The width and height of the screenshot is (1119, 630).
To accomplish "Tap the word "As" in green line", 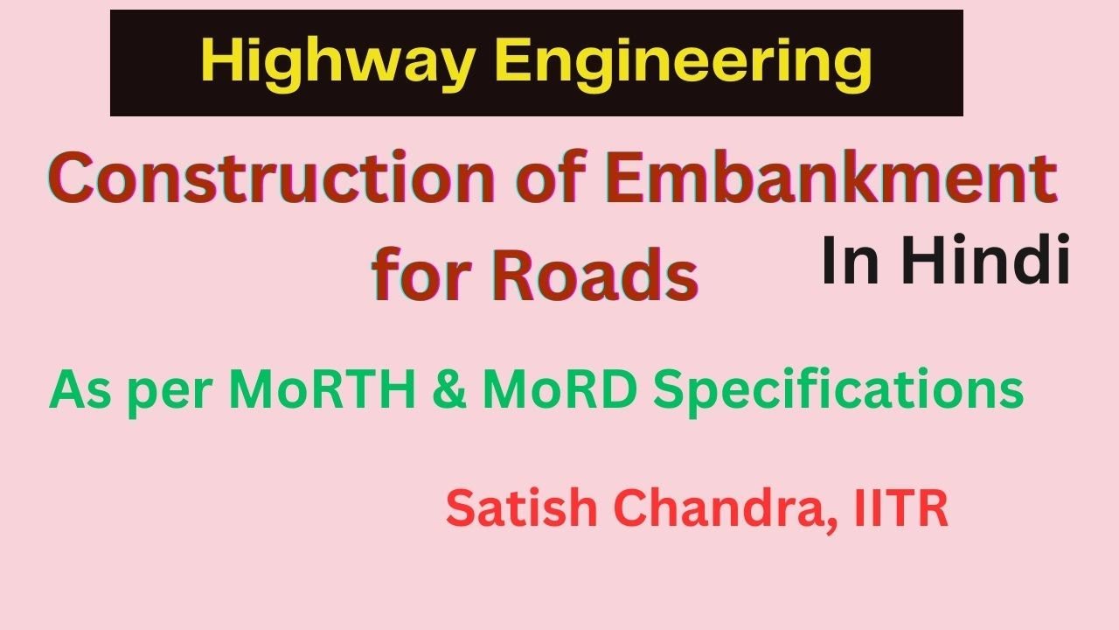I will pyautogui.click(x=81, y=391).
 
